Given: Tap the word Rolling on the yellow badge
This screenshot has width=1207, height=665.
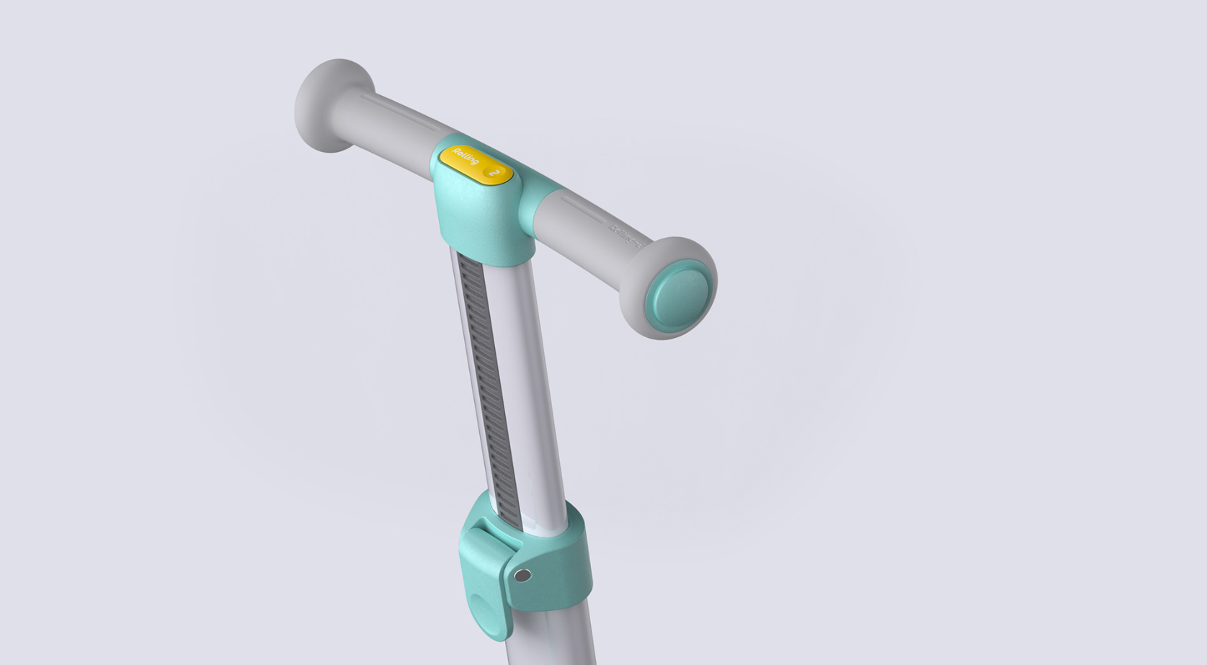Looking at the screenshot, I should tap(465, 157).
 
